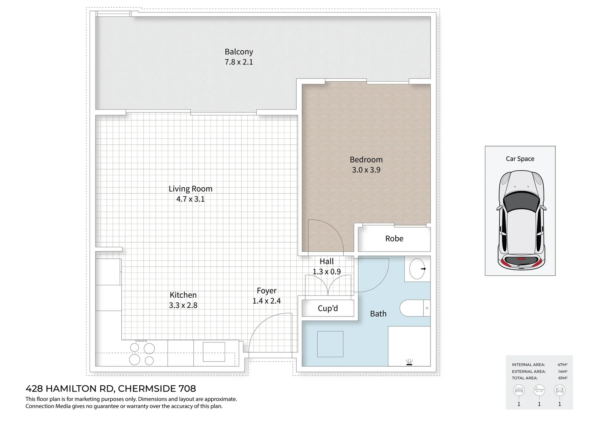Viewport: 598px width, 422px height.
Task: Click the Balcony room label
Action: click(x=239, y=52)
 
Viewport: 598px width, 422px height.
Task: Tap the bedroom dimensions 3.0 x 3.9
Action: click(x=366, y=170)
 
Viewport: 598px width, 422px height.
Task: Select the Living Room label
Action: click(x=191, y=189)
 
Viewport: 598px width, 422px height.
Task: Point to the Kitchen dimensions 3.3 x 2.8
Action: click(x=183, y=306)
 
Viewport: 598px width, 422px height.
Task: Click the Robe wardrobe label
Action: click(x=394, y=239)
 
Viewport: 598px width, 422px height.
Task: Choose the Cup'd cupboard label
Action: click(x=328, y=308)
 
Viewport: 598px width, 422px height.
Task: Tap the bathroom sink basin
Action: click(x=417, y=269)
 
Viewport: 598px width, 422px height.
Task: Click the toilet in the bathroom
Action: click(x=413, y=308)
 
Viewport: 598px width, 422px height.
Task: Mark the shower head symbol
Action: click(x=409, y=362)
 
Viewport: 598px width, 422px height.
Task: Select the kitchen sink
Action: click(x=214, y=352)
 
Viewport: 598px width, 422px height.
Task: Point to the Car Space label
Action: click(x=520, y=159)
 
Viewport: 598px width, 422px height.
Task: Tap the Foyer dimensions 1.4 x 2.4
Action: click(x=267, y=301)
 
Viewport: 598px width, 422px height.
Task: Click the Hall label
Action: click(x=327, y=261)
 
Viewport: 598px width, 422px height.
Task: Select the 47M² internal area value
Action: click(x=562, y=365)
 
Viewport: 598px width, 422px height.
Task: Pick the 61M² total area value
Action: click(x=562, y=378)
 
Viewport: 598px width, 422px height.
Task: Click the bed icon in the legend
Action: click(x=519, y=390)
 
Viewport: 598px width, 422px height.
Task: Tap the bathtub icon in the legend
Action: click(x=539, y=390)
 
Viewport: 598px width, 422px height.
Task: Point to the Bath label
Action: click(x=378, y=314)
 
